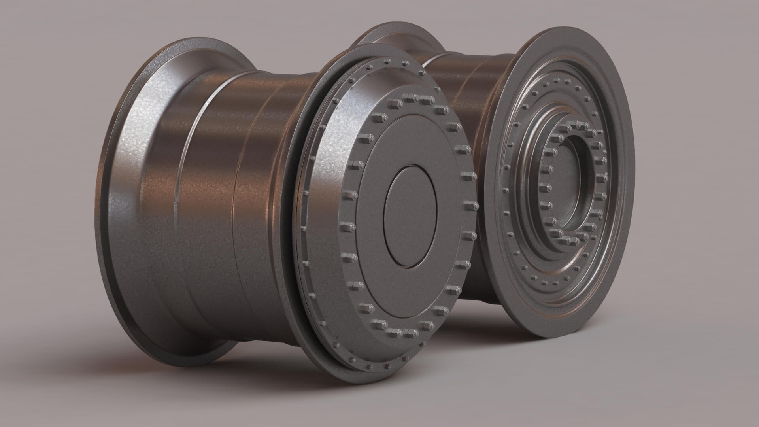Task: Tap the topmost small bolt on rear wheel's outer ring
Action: (x=561, y=81)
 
